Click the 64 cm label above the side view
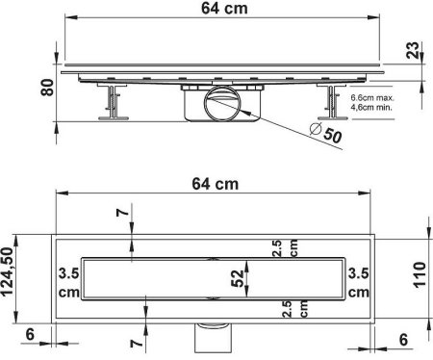tap(224, 9)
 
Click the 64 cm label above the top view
tap(216, 184)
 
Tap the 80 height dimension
tap(47, 87)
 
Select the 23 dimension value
tap(413, 50)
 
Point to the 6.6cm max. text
tap(372, 97)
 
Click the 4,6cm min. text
tap(371, 107)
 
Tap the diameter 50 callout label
tap(327, 133)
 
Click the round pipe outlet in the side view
tap(221, 103)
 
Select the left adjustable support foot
tap(113, 102)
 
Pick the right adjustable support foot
tap(332, 102)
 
